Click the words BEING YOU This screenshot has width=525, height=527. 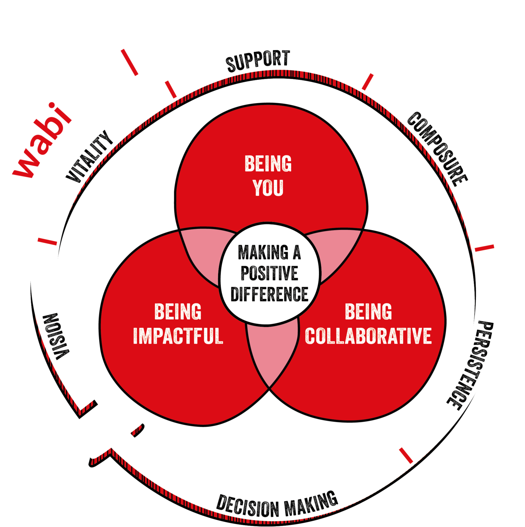pyautogui.click(x=268, y=176)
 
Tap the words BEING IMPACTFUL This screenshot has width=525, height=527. pyautogui.click(x=178, y=324)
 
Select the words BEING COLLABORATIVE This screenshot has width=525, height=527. pyautogui.click(x=368, y=324)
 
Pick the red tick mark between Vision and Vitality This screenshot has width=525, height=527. pyautogui.click(x=48, y=241)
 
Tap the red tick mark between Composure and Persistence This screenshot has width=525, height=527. pyautogui.click(x=484, y=248)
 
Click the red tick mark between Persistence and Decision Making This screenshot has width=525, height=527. pyautogui.click(x=406, y=455)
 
